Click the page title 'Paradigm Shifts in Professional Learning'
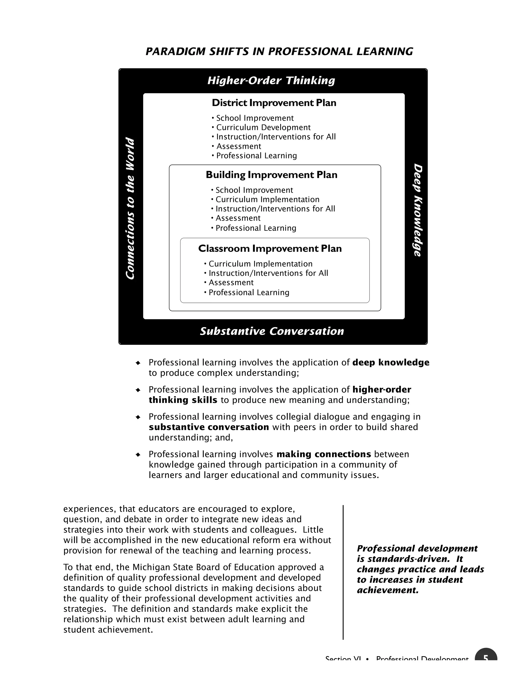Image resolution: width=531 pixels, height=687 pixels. coord(279,51)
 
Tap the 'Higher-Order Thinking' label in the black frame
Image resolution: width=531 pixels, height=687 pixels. coord(271,81)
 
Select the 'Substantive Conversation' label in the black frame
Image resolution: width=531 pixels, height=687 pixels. coord(272,331)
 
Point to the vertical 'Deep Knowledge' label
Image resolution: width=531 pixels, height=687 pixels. coord(417,210)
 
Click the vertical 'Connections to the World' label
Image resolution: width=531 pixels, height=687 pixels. coord(130,208)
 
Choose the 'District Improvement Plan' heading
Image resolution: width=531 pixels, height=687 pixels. coord(274,103)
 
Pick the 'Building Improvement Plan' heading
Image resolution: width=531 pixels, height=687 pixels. coord(271,175)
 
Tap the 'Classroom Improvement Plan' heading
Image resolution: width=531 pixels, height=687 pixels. coord(270,249)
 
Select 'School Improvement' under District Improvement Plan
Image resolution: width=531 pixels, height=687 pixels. coord(255,118)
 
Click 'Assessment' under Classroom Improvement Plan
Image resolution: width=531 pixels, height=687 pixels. coord(231,283)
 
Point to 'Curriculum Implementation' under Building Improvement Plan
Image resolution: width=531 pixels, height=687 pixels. coord(267,199)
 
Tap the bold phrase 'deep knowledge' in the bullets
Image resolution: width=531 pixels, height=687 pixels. coord(391,363)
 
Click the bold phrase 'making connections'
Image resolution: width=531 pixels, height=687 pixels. coord(324,454)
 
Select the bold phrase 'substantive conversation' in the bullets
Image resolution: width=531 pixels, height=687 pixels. coord(209,427)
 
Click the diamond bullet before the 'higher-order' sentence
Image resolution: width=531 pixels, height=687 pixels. coord(138,390)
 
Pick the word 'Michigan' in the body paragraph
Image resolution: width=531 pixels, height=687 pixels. coord(149,567)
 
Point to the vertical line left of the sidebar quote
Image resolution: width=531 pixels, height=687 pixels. coord(343,572)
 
